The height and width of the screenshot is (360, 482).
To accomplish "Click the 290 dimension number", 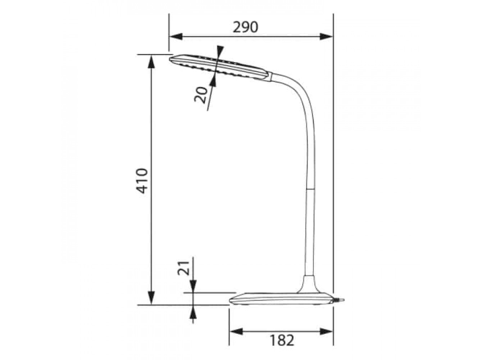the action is click(x=245, y=27).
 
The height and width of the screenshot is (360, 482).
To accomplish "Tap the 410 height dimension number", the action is click(x=142, y=181).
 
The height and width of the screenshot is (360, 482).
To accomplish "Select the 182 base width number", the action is click(x=282, y=340).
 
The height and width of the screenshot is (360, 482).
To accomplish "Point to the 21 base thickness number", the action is click(x=183, y=268).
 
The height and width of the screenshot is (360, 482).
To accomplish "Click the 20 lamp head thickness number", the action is click(x=200, y=95).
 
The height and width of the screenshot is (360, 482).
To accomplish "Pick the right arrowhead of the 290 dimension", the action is click(x=326, y=36).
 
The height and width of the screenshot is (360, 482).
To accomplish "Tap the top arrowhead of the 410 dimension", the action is click(x=151, y=62).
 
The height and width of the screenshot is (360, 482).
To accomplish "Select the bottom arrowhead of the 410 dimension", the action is click(x=151, y=298).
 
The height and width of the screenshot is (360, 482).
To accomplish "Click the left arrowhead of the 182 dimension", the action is click(x=236, y=331).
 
